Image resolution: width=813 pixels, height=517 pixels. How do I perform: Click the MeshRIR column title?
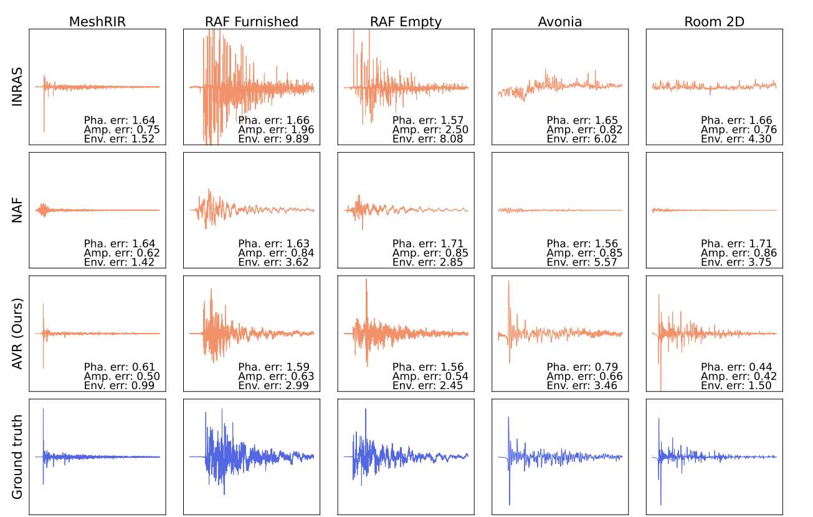[x=97, y=22]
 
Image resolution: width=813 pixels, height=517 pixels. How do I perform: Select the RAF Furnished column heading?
[x=251, y=22]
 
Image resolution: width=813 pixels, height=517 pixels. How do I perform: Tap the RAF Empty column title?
[x=406, y=22]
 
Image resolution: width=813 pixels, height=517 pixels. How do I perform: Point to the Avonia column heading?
[x=560, y=22]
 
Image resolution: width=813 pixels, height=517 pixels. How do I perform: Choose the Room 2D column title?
[x=714, y=22]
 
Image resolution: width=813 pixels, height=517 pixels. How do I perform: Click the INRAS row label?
[x=17, y=87]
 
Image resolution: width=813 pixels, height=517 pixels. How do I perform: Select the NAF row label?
[x=17, y=210]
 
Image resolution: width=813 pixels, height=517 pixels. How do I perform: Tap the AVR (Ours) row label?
[x=17, y=334]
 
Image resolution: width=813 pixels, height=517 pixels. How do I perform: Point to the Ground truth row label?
[x=17, y=457]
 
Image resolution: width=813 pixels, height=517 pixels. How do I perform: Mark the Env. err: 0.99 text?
[x=120, y=386]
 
